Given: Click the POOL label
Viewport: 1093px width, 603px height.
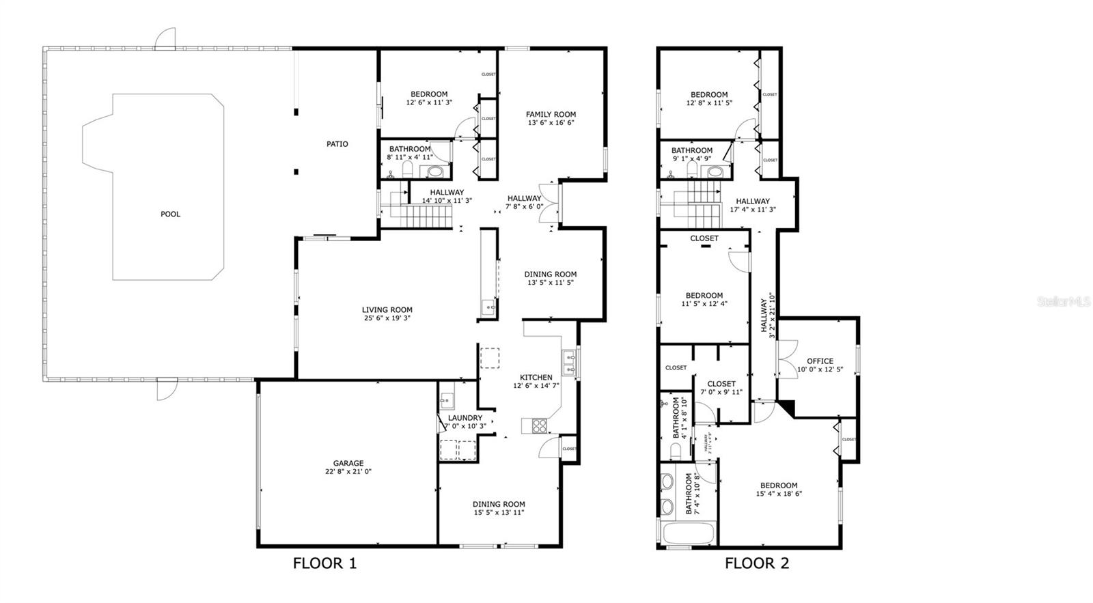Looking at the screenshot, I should click(170, 214).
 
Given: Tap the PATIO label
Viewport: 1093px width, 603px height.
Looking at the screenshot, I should click(337, 144).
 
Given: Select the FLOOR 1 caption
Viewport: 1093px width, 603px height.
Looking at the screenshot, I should click(324, 563).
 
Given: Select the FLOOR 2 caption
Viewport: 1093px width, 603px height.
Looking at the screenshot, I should click(757, 563).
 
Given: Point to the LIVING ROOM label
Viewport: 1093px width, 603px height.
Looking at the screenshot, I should click(387, 310).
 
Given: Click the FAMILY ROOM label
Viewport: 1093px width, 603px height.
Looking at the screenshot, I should click(551, 115).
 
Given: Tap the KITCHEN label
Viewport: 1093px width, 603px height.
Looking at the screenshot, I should click(536, 378).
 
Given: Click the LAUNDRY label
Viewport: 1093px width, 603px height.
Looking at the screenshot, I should click(465, 418).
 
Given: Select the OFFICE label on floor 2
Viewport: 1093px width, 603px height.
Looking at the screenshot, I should click(820, 361).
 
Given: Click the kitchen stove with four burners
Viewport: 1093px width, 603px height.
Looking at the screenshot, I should click(540, 425).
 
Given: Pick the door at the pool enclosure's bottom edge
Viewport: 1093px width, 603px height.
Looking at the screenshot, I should click(165, 389).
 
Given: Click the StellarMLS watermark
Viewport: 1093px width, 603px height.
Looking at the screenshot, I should click(1064, 301).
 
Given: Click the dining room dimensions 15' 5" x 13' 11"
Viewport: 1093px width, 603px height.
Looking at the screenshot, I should click(499, 512).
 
